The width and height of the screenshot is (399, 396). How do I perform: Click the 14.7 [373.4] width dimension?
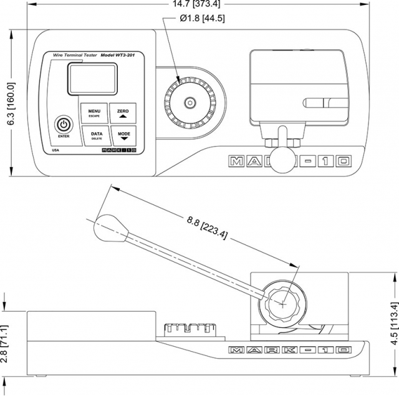point(199,5)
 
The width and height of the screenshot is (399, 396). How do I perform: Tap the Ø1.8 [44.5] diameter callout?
point(202,18)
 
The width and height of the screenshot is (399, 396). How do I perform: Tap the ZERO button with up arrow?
point(122,112)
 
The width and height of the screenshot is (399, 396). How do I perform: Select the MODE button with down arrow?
point(123,135)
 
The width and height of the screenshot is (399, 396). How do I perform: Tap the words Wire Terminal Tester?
point(75,56)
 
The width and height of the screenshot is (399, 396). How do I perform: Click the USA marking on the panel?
point(55,150)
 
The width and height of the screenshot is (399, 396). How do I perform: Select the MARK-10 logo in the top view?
point(291,161)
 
